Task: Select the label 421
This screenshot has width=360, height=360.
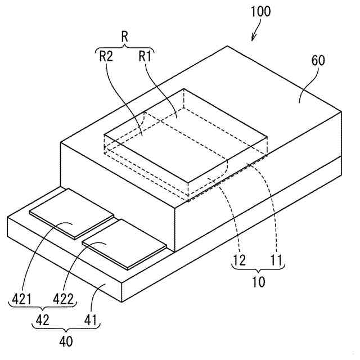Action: [x=21, y=299]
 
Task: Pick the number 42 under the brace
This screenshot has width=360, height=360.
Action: [x=43, y=320]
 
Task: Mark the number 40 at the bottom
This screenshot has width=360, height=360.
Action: [x=66, y=341]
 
